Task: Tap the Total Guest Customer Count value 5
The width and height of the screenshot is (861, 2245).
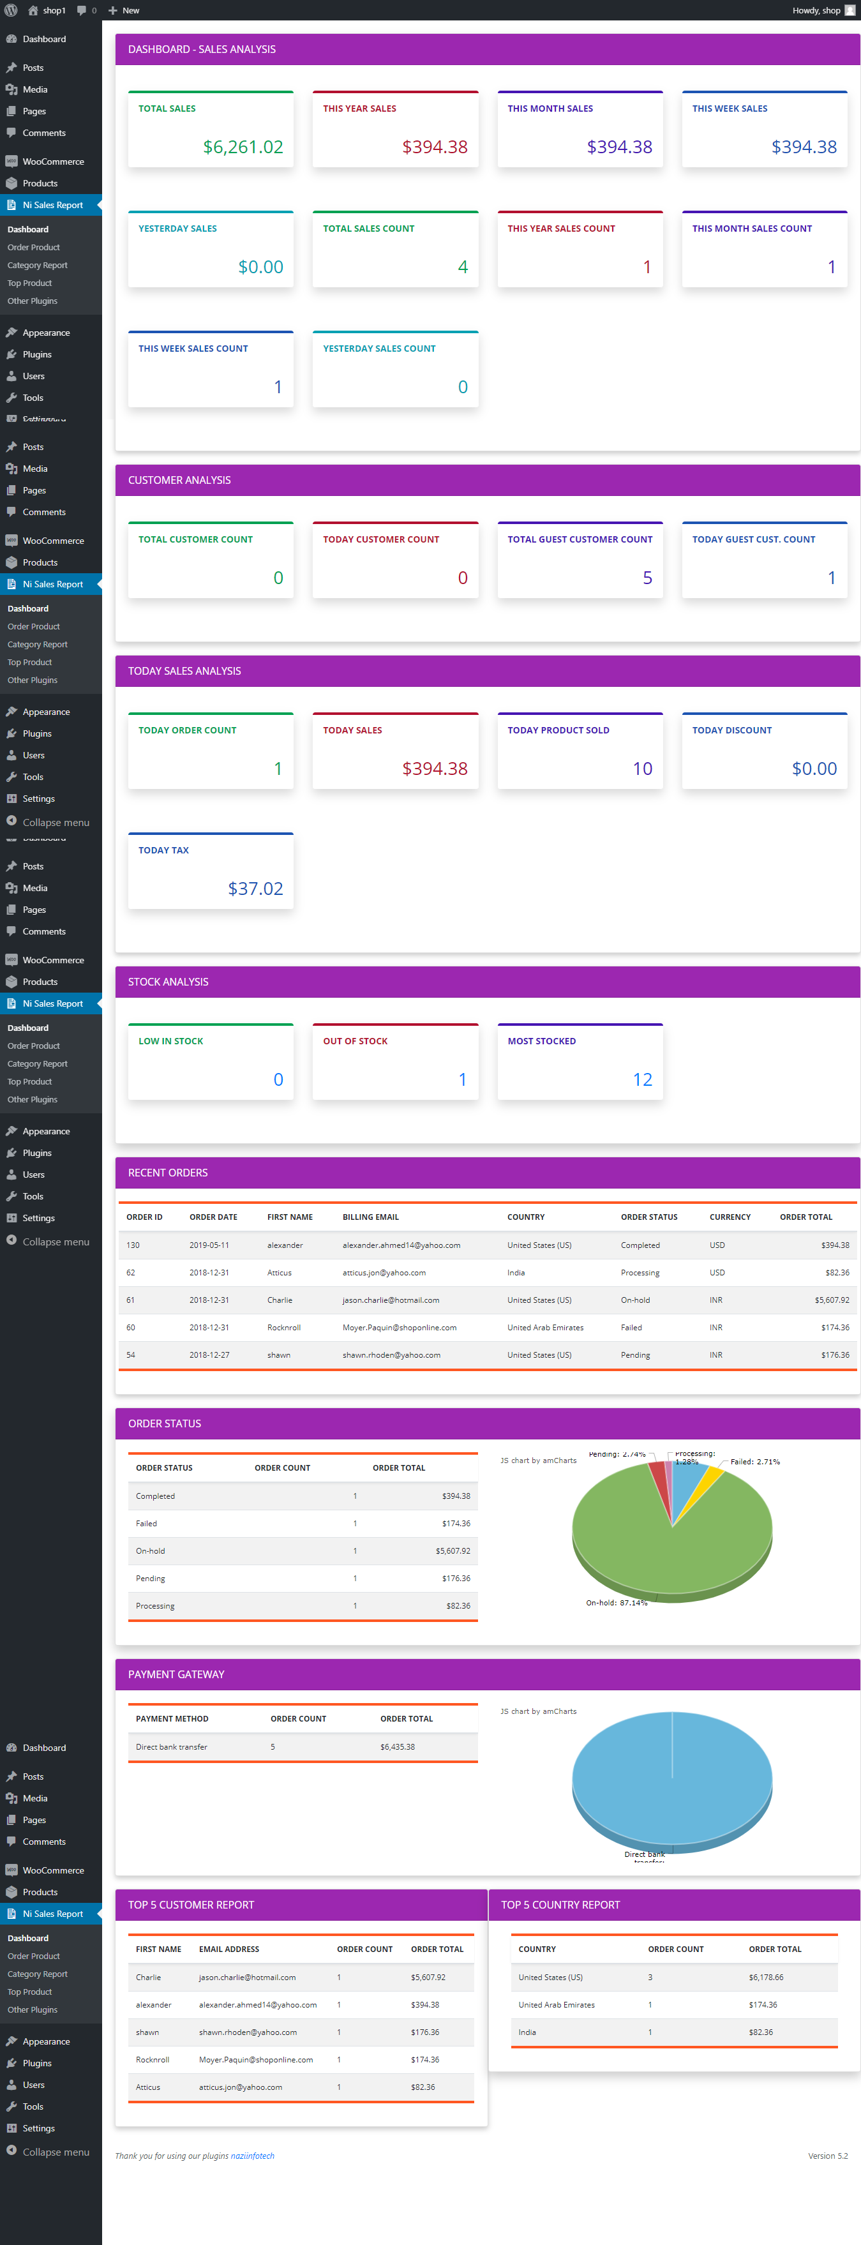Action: point(647,578)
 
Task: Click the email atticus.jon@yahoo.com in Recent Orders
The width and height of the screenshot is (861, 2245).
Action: point(384,1272)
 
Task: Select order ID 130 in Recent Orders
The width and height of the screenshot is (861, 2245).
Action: point(133,1245)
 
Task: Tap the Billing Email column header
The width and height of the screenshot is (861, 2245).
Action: point(370,1217)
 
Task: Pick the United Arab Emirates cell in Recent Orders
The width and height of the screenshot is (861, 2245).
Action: point(544,1327)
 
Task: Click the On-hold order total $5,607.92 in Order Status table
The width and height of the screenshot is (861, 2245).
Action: point(453,1551)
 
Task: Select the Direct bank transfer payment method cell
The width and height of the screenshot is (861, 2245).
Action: point(171,1747)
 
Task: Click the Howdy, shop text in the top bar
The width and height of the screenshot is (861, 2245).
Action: point(816,10)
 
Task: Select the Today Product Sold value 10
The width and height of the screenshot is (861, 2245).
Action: point(641,769)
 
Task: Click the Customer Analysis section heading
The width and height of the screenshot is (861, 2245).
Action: point(179,480)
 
